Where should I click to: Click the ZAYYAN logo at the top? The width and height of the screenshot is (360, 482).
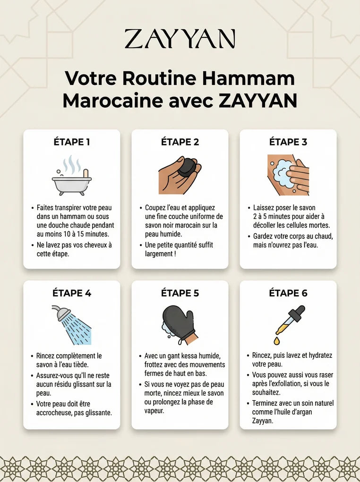180,39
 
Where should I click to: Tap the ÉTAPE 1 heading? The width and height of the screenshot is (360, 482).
72,142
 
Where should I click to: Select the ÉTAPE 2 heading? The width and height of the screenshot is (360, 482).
180,142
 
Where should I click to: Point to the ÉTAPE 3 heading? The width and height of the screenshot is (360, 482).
288,142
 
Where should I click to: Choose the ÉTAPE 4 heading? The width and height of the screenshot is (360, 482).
72,293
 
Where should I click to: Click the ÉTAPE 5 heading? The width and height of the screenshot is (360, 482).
180,293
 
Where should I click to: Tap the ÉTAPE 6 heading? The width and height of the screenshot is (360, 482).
288,293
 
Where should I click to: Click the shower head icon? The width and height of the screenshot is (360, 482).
61,313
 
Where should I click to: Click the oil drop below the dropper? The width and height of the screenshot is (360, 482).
277,340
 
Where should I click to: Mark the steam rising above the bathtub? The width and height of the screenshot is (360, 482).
72,165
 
